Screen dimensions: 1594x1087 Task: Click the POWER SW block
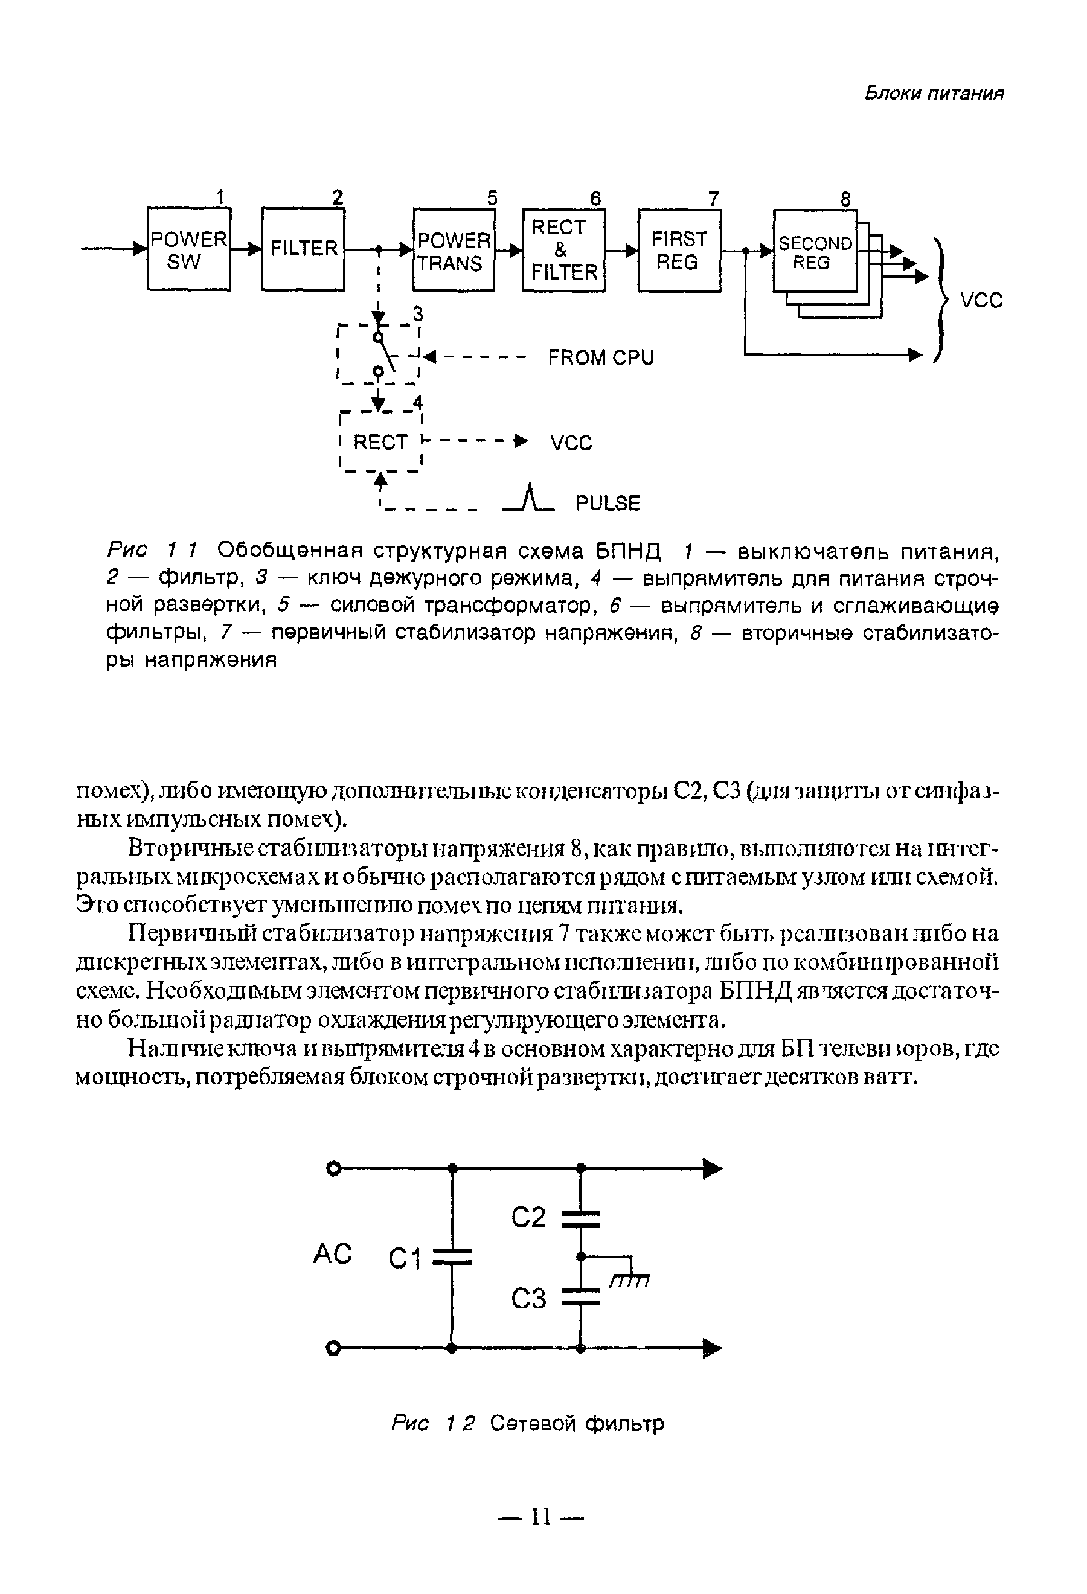188,249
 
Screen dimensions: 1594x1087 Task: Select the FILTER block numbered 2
303,249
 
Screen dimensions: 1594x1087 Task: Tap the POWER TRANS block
454,251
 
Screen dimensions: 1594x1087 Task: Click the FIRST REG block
679,251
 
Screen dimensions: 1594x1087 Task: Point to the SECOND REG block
815,252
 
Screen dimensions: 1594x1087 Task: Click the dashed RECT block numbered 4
380,443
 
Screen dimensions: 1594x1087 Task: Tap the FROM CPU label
601,357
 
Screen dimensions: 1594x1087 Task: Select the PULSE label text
608,504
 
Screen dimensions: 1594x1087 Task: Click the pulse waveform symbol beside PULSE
529,499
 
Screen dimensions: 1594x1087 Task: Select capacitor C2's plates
580,1218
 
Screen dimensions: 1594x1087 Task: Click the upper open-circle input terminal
333,1169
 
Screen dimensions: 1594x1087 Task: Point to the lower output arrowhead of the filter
713,1348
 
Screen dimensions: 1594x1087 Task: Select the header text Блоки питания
934,93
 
